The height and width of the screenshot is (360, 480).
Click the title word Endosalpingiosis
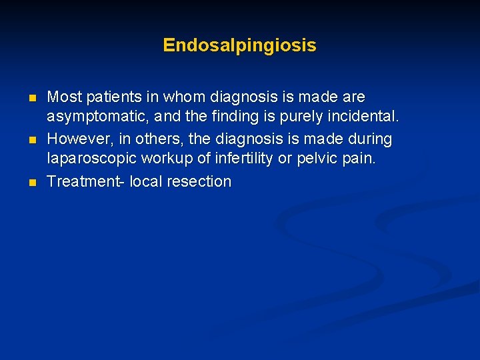(x=239, y=45)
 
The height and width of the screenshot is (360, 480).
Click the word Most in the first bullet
(x=63, y=97)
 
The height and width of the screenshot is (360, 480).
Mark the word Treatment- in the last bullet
(x=85, y=181)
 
